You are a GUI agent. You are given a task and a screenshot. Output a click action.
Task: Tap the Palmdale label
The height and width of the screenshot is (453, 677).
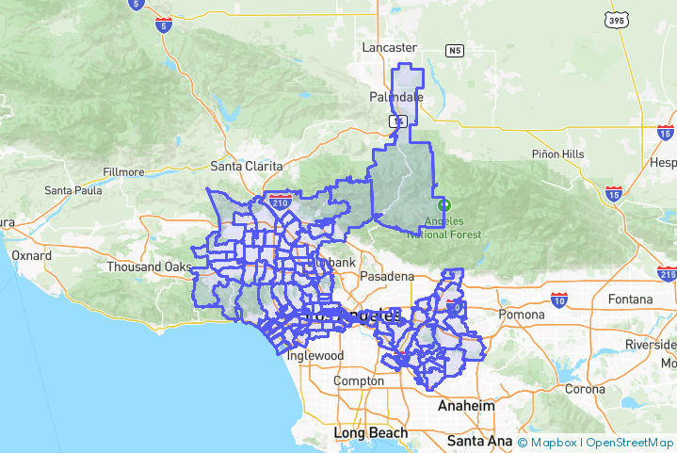point(395,97)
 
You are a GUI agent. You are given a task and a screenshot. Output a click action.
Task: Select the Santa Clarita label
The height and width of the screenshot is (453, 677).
point(247,166)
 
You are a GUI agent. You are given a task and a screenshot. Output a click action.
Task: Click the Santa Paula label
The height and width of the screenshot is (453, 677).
point(73,190)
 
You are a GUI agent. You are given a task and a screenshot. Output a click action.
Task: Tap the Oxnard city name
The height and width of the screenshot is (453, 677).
point(32,255)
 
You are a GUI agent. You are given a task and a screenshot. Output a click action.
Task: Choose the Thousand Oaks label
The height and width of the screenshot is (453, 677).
point(148,267)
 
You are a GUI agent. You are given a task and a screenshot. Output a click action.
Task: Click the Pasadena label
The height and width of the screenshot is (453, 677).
point(386,276)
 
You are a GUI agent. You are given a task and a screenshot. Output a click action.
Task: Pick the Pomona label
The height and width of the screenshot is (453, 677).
point(522,314)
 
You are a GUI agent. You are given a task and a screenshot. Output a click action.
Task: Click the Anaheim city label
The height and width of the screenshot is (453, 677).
point(466,406)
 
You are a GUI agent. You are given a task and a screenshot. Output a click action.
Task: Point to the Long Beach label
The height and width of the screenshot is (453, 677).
point(371,433)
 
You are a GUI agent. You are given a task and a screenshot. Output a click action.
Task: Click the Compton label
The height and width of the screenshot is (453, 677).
point(358,380)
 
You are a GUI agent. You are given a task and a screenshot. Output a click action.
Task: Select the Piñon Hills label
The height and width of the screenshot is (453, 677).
point(557,154)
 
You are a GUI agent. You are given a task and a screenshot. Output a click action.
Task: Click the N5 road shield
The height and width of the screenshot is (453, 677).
point(456,50)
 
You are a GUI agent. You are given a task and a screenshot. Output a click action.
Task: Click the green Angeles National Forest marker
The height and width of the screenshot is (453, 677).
point(444,204)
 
